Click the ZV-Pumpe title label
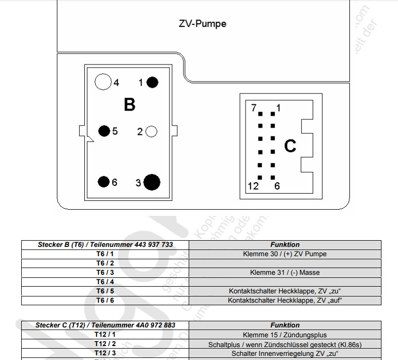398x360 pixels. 203,24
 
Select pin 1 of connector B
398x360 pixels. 152,82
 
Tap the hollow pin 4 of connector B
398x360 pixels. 103,82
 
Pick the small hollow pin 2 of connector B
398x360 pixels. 151,132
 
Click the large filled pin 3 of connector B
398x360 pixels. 151,182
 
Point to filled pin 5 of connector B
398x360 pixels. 104,131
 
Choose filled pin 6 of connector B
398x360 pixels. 104,182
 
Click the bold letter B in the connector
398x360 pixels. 129,105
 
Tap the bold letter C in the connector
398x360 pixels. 290,146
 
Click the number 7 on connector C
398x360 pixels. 253,108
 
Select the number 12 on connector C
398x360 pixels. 253,186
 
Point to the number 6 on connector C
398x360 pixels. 277,186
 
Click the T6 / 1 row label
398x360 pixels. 105,254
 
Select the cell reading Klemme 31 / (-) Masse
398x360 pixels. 285,272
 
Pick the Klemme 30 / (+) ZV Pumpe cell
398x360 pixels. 285,254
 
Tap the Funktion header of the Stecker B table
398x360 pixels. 285,244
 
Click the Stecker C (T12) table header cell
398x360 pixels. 105,325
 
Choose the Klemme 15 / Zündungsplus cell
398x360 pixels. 285,335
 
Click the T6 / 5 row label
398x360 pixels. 105,291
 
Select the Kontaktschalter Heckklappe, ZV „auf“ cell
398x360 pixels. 285,300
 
